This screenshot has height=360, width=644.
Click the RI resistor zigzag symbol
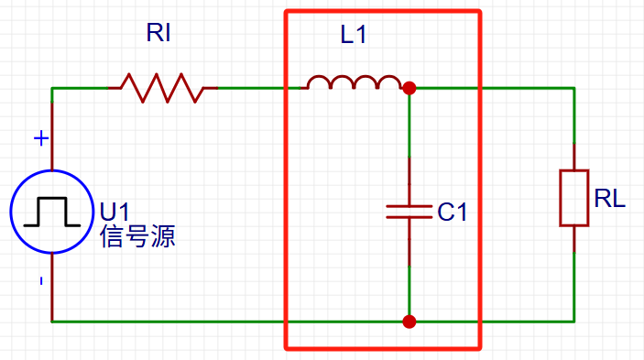coord(162,89)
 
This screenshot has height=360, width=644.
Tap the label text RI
coord(158,36)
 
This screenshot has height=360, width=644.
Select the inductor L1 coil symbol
coord(354,84)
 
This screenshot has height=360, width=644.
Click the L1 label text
coord(354,37)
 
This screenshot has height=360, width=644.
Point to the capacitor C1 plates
coord(409,212)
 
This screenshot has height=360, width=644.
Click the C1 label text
coord(453,213)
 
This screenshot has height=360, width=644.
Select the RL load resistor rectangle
coord(573,197)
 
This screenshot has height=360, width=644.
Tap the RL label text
coord(610,199)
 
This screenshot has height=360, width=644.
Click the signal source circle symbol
coord(52,212)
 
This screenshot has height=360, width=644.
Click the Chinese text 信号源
coord(137,238)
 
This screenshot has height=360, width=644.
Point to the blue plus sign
coord(40,138)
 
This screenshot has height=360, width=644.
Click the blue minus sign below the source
coord(40,281)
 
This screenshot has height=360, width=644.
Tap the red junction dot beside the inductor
coord(409,89)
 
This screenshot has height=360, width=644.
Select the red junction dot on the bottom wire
coord(409,322)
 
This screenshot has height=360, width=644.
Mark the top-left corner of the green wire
coord(52,89)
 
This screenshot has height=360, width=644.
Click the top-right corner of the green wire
coord(573,89)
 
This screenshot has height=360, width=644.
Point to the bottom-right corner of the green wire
coord(573,322)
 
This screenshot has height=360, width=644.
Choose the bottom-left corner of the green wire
coord(52,322)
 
